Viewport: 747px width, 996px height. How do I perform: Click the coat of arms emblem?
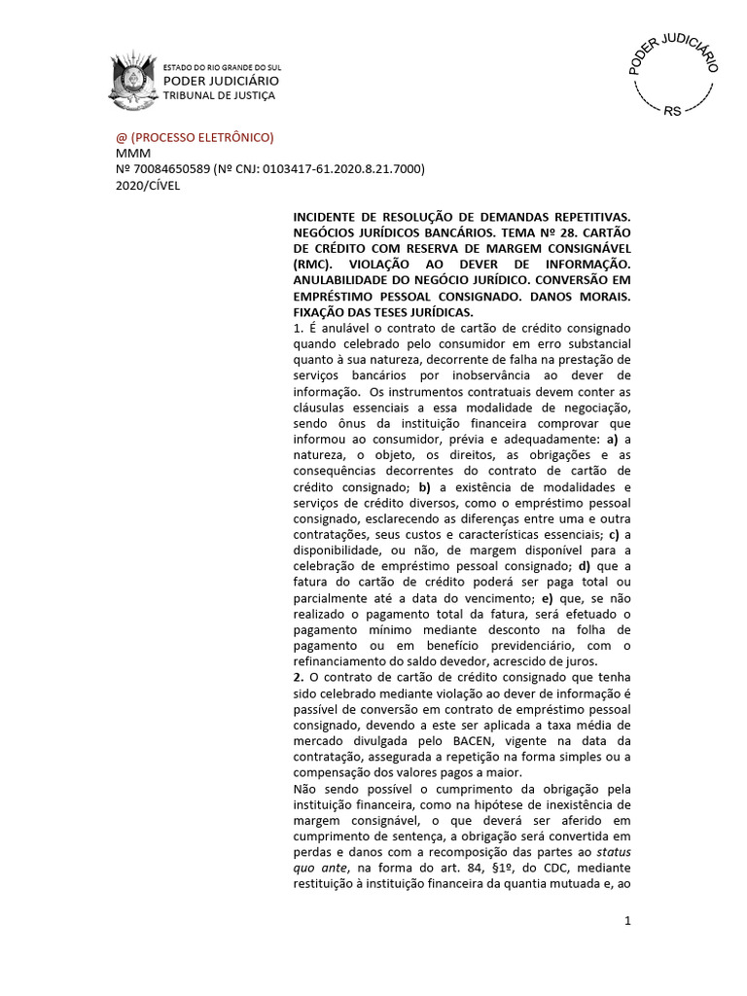point(132,80)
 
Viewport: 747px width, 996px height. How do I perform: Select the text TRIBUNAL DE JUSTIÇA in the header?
point(219,95)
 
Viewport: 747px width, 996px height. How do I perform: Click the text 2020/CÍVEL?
point(148,185)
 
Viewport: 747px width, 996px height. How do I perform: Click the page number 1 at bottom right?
point(628,920)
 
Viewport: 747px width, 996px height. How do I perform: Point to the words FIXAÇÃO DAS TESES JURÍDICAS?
point(383,312)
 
